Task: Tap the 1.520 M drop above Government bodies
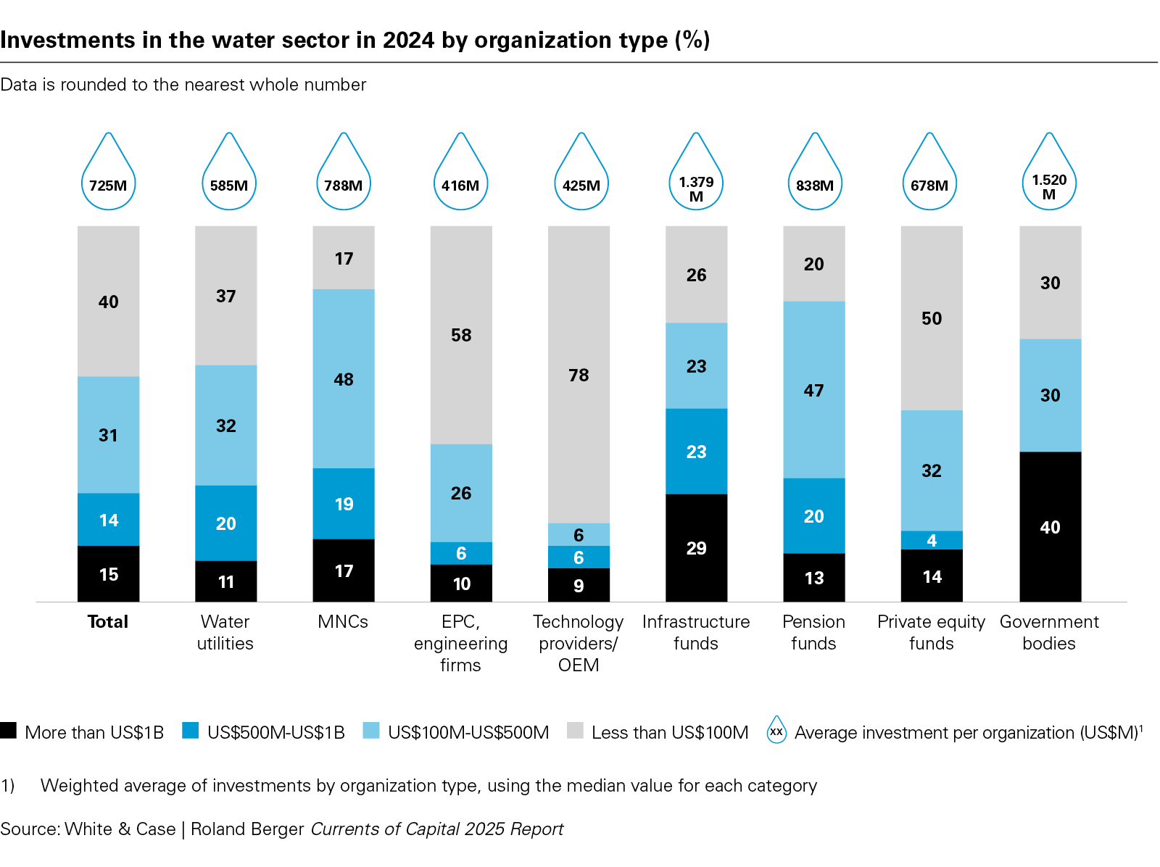pos(1049,178)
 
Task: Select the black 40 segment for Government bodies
pos(1050,526)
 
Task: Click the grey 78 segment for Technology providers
pos(579,374)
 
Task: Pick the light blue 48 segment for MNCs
pos(344,378)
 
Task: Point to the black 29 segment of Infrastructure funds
pos(696,547)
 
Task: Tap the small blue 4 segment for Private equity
pos(932,540)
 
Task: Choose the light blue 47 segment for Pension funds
pos(813,390)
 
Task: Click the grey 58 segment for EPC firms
pos(461,335)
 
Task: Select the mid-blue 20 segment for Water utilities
pos(225,523)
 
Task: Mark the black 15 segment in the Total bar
pos(108,573)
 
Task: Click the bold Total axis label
pos(108,621)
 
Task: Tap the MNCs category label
pos(343,621)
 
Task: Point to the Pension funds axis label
pos(813,632)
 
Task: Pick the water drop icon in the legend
pos(776,731)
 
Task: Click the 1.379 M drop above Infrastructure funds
pos(696,178)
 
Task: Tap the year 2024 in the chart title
pos(408,40)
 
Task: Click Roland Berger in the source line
pos(247,829)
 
